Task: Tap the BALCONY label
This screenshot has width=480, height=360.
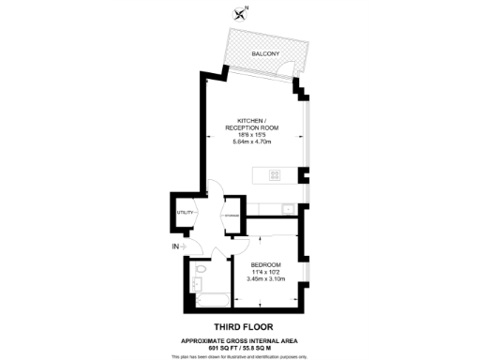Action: [x=264, y=54]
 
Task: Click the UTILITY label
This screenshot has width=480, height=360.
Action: [x=185, y=213]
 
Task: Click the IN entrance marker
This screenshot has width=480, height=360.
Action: [x=176, y=247]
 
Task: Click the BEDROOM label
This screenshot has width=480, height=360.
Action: [x=265, y=265]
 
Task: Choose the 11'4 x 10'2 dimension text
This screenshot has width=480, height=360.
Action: [x=265, y=273]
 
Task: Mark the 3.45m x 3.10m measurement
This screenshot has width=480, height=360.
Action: [x=265, y=280]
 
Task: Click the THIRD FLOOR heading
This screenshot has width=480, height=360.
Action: [x=241, y=325]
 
